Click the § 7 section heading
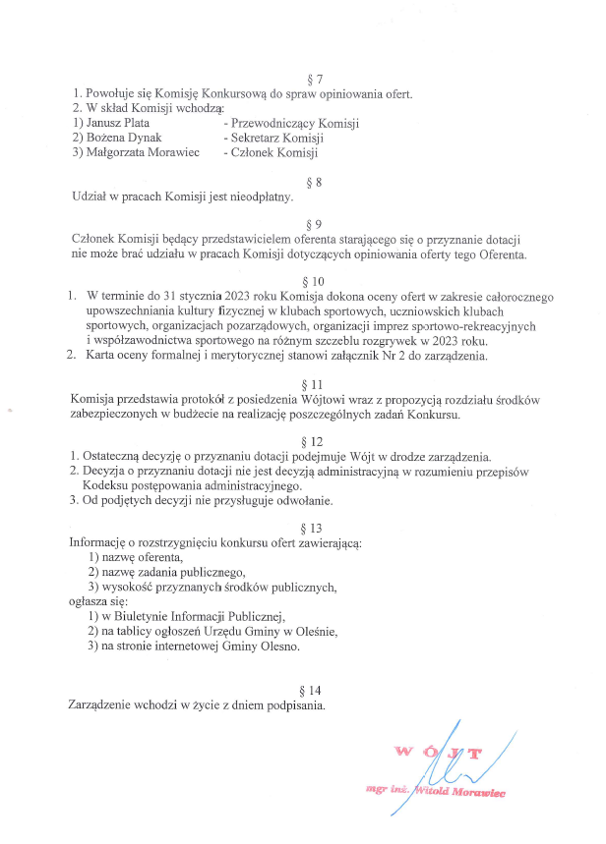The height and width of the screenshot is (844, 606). (315, 79)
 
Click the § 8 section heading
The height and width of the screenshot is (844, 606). (315, 182)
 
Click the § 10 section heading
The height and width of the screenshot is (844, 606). (315, 279)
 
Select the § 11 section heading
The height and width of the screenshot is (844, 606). (315, 383)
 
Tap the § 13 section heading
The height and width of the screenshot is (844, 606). (315, 528)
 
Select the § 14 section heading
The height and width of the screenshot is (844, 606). (315, 690)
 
